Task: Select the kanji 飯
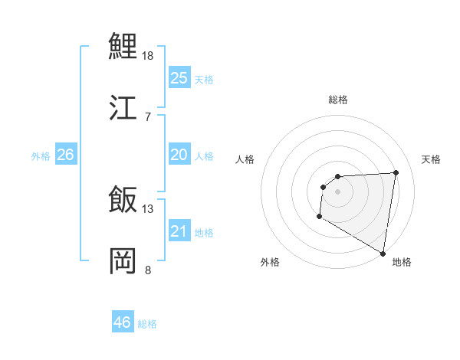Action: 123,201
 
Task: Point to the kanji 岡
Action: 123,260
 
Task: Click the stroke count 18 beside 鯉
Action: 149,56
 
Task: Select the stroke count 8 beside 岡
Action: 147,269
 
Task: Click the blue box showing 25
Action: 179,78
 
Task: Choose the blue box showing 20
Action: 179,155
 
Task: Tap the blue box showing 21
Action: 179,231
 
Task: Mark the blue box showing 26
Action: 65,155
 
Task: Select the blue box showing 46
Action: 123,322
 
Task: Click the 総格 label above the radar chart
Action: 338,100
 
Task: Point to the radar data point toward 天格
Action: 396,172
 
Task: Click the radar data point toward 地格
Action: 383,254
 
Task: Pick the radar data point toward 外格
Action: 319,217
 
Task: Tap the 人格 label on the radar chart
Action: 245,159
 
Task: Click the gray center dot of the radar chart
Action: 337,191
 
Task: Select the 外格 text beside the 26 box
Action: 41,156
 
